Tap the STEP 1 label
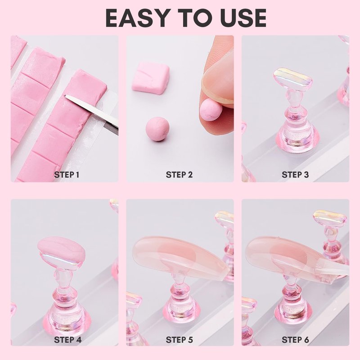(67, 175)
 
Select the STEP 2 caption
(179, 175)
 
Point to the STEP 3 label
(295, 175)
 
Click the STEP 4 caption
(68, 340)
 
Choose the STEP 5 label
(179, 340)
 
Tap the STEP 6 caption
(295, 340)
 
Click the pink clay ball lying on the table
(157, 129)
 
